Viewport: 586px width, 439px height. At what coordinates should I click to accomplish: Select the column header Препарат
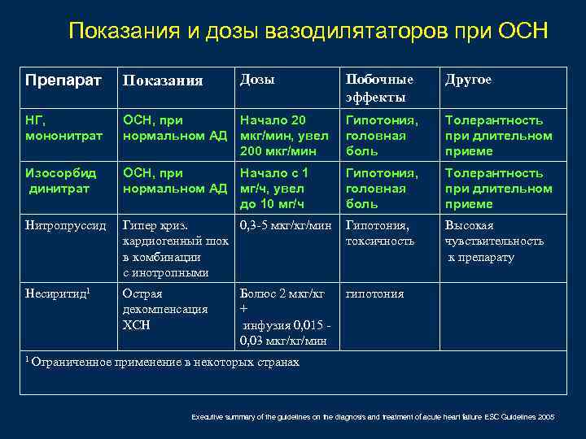(63, 80)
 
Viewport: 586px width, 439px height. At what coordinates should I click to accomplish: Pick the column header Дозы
(257, 80)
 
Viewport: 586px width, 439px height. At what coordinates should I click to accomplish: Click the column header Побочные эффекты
(380, 88)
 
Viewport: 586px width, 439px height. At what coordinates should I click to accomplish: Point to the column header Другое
(468, 80)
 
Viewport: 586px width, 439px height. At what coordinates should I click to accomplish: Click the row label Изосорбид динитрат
(62, 180)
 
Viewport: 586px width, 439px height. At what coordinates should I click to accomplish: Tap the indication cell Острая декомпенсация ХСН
(164, 309)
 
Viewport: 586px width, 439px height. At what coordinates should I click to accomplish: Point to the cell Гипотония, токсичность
(381, 233)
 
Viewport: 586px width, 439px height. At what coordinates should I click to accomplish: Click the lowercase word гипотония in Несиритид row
(374, 293)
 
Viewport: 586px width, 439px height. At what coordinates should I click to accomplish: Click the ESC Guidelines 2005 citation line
(373, 416)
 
